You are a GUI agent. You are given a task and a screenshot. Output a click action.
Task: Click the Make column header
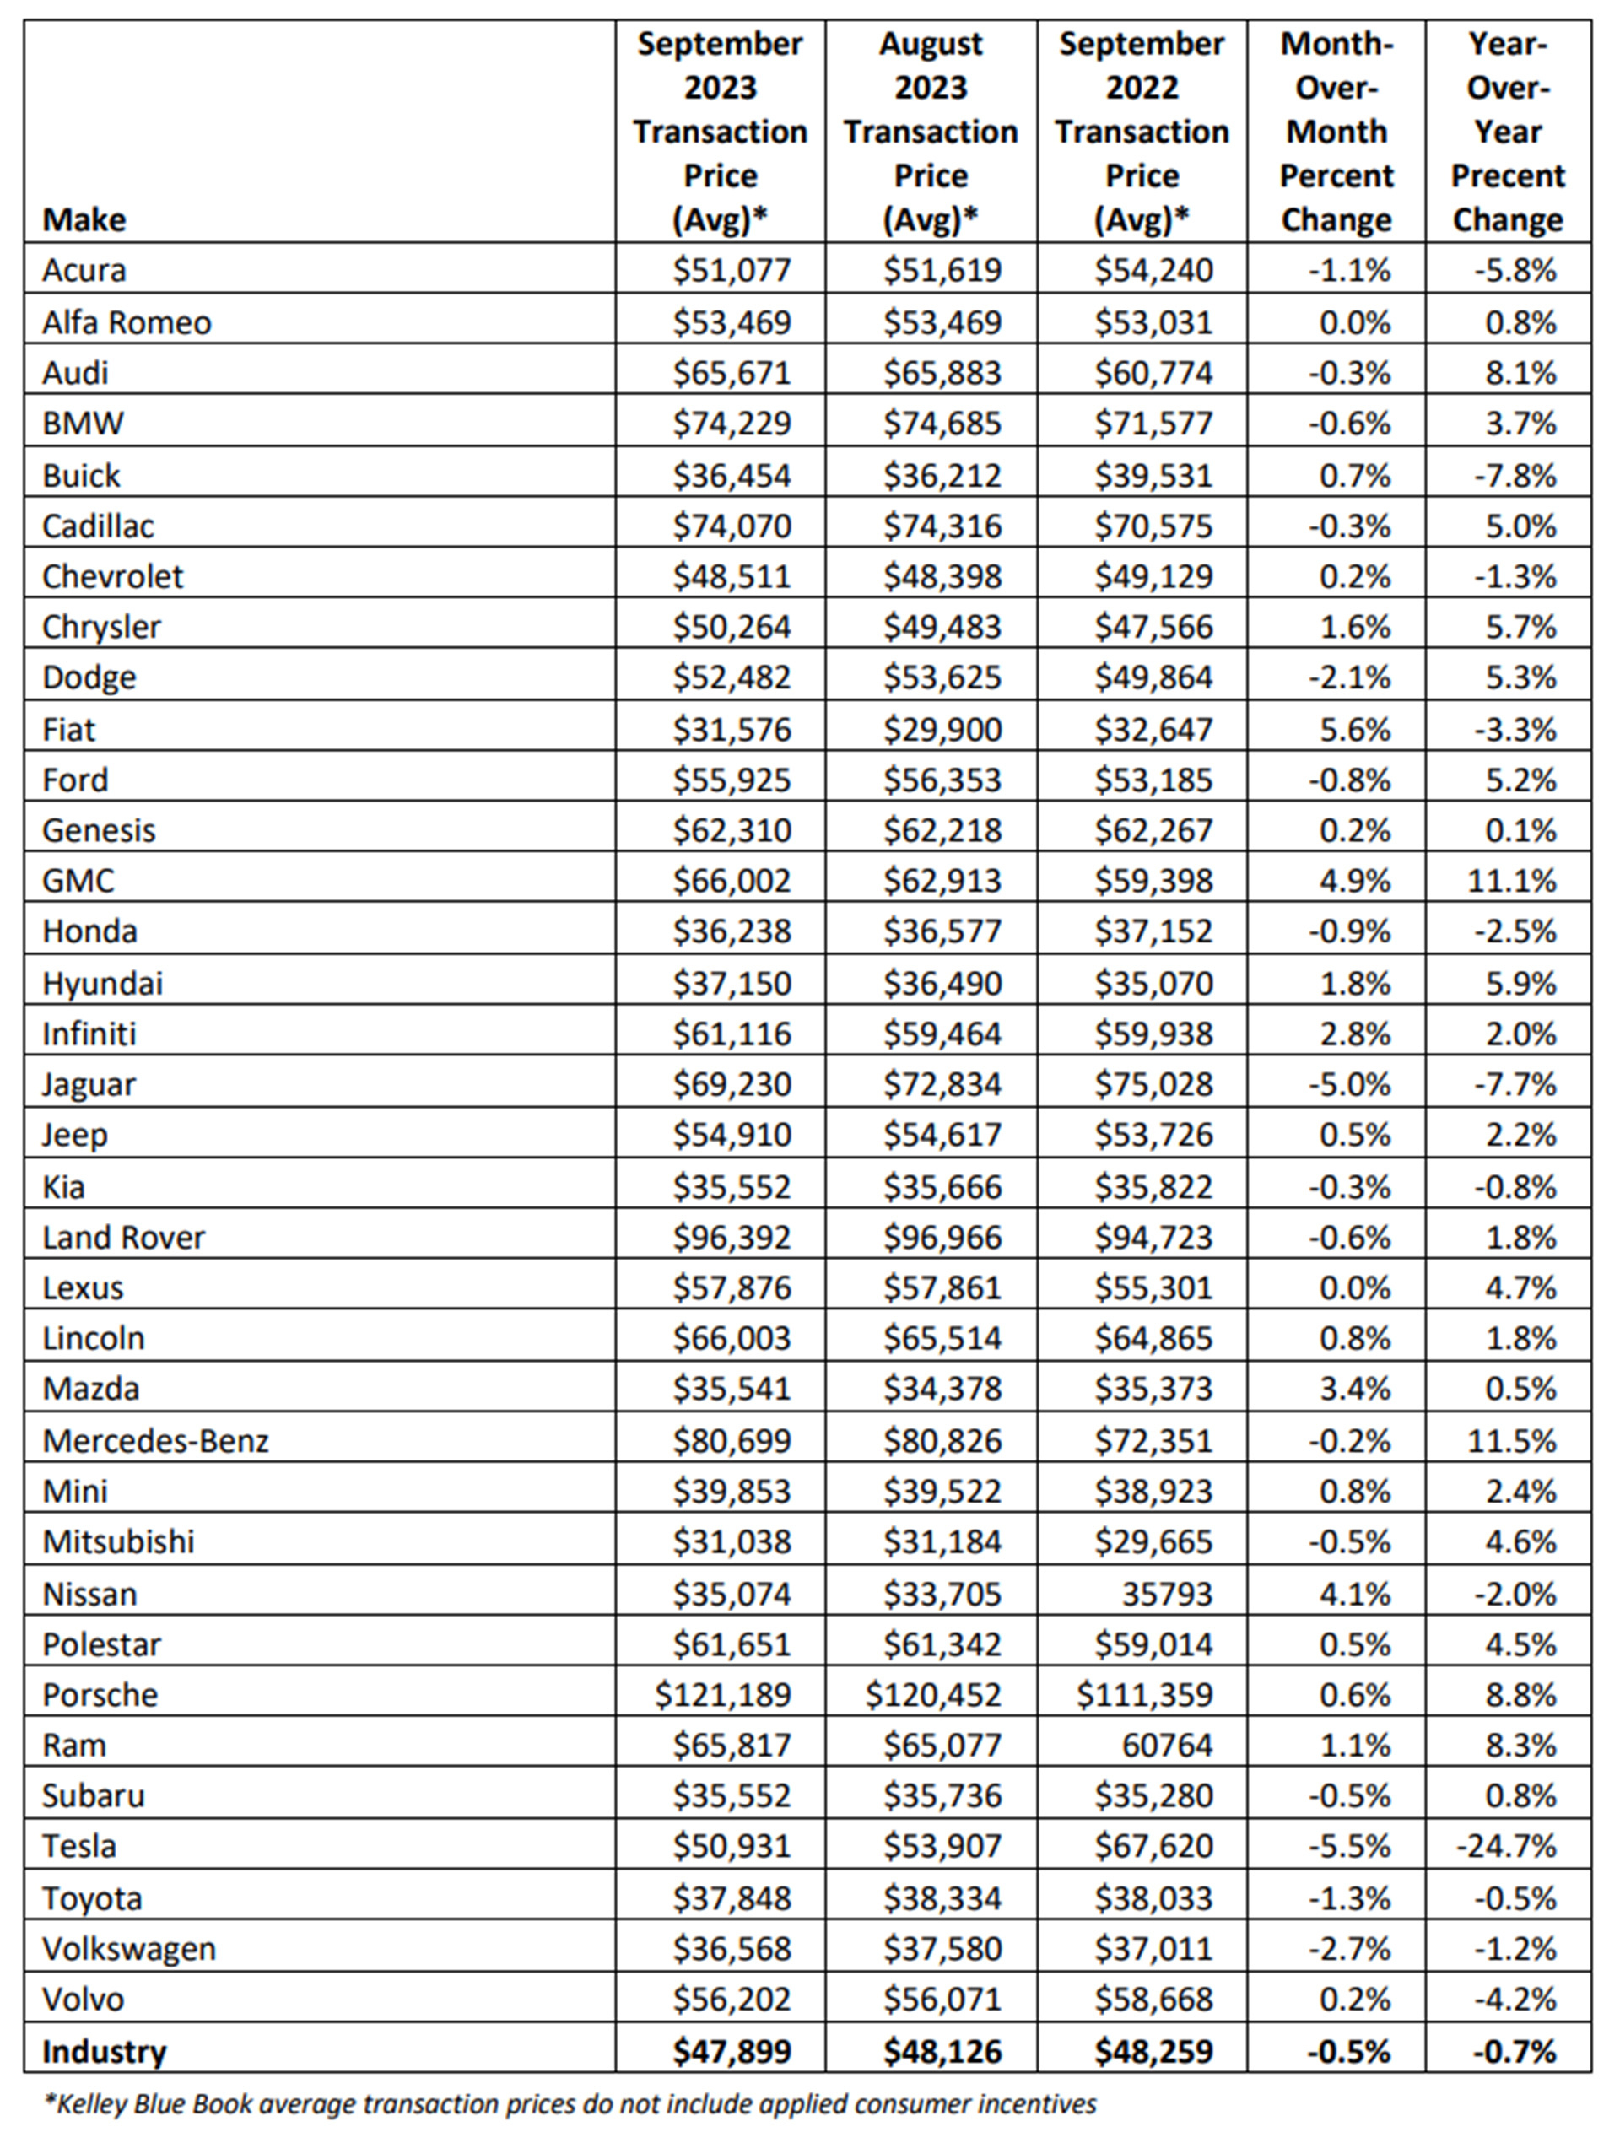click(84, 220)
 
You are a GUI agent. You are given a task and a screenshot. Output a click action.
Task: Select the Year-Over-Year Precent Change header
click(1507, 132)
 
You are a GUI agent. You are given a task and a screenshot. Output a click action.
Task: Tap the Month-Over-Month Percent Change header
click(1336, 132)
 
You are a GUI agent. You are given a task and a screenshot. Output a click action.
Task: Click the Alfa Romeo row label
click(127, 322)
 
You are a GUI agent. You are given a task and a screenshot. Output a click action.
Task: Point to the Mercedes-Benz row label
click(155, 1441)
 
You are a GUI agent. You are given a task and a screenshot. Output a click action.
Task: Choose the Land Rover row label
click(123, 1237)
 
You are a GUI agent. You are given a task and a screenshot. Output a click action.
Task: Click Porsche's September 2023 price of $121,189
click(722, 1694)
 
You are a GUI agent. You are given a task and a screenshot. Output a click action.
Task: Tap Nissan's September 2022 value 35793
click(1167, 1593)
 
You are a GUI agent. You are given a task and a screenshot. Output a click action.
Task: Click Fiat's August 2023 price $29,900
click(942, 729)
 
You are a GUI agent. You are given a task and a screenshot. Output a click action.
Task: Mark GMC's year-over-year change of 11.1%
click(1511, 880)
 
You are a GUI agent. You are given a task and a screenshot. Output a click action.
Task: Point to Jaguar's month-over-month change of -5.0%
click(1349, 1084)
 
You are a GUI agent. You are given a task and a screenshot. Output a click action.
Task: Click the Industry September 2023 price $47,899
click(732, 2051)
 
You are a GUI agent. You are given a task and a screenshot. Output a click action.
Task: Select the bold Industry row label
click(104, 2051)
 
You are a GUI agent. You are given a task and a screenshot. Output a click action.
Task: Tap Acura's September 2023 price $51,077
click(732, 270)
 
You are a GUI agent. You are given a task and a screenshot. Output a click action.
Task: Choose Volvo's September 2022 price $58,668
click(1153, 1999)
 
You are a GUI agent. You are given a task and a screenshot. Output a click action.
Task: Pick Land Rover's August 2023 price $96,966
click(942, 1237)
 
